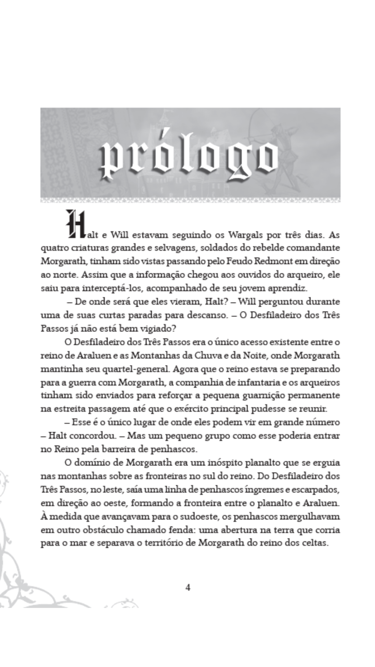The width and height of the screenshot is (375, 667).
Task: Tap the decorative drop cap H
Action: tap(73, 224)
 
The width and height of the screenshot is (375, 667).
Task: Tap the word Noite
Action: tap(275, 355)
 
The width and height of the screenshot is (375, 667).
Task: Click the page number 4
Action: tap(188, 587)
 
